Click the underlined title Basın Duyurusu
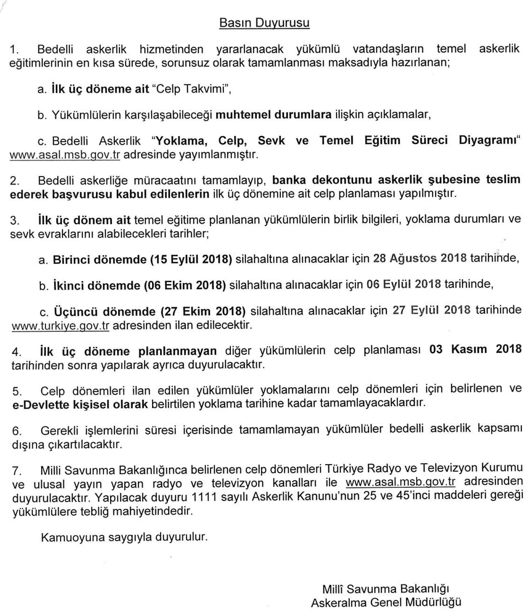(x=264, y=23)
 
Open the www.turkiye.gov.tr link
(x=60, y=325)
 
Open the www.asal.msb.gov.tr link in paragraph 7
(x=400, y=482)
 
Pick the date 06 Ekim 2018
(x=185, y=285)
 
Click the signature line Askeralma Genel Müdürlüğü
(x=386, y=602)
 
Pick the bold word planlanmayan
(x=177, y=351)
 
